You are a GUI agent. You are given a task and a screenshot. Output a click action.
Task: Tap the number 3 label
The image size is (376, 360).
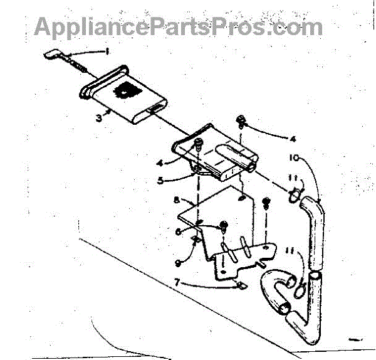tap(98, 117)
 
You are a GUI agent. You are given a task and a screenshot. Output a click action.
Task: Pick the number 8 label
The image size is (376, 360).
tap(177, 201)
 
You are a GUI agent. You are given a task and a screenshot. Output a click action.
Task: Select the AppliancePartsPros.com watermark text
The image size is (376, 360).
tap(179, 27)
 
